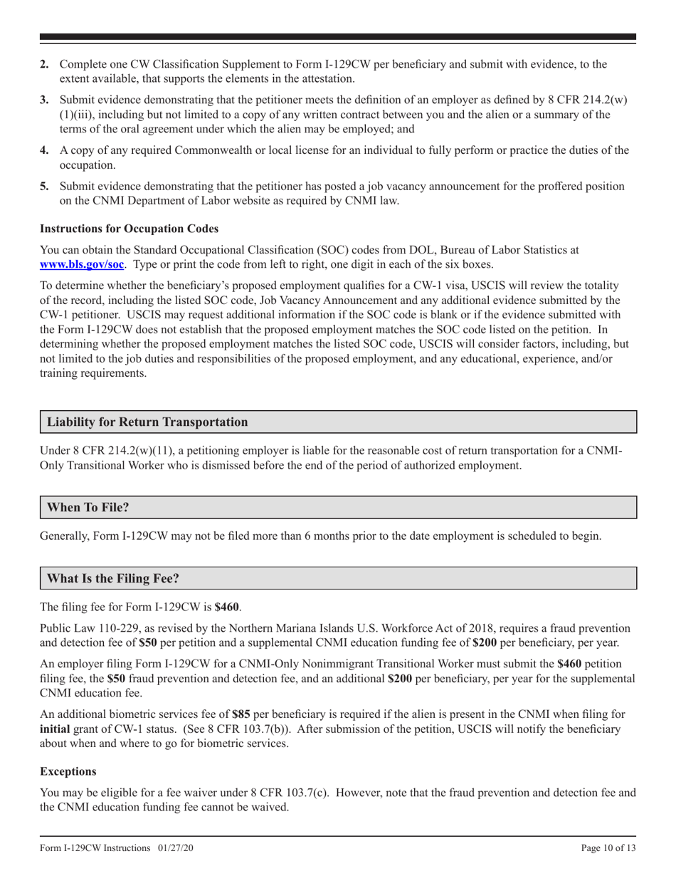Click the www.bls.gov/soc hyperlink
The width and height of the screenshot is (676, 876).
(x=83, y=264)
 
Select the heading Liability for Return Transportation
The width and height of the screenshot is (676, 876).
(x=147, y=422)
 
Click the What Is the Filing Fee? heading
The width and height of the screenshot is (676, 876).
(x=112, y=578)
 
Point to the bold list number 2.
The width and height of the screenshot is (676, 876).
(x=44, y=64)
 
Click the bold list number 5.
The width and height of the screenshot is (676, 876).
(x=44, y=186)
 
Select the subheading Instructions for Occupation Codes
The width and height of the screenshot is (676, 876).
(x=129, y=229)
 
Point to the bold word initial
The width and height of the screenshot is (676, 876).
(x=58, y=729)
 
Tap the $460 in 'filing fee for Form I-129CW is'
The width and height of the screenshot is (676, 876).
(x=227, y=607)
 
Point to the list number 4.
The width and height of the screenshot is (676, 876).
(x=44, y=150)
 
